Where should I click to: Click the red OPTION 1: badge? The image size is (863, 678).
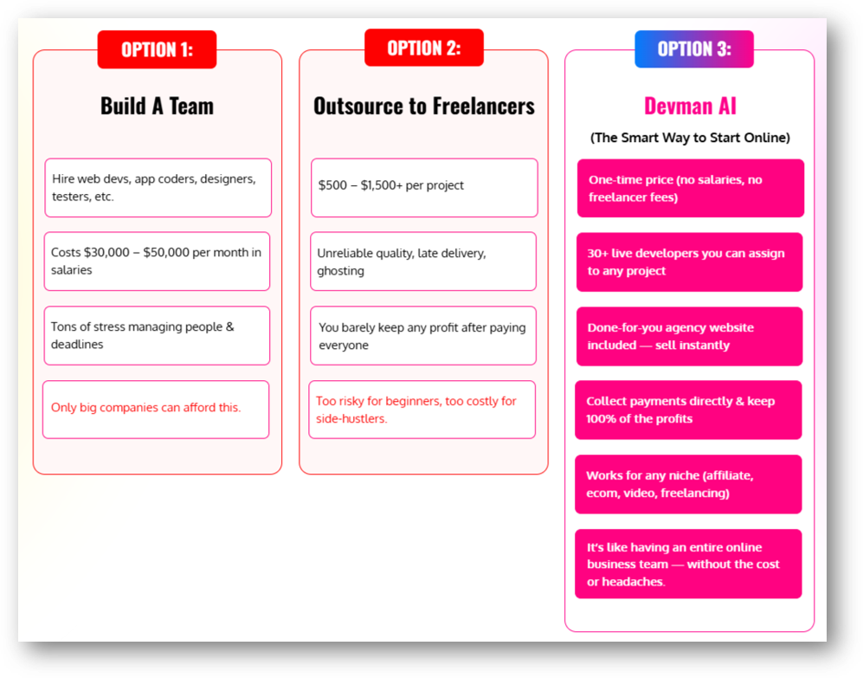coord(157,49)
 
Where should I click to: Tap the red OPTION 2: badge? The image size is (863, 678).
coord(424,48)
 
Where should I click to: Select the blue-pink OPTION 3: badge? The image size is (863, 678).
coord(694,49)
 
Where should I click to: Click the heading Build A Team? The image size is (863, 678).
coord(157,106)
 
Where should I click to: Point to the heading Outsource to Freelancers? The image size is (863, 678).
coord(424,106)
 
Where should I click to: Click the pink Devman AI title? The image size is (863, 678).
coord(690,106)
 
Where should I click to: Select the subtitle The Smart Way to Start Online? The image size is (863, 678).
coord(690,138)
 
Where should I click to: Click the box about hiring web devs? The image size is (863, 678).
coord(158,188)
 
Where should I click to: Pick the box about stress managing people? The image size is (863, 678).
coord(157,335)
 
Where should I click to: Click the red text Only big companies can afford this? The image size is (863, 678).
coord(145,408)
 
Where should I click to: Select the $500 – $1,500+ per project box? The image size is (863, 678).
coord(424,188)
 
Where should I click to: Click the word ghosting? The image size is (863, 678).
coord(341,271)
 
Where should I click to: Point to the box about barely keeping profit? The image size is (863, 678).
coord(423,335)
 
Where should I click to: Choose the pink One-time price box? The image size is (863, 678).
coord(691,188)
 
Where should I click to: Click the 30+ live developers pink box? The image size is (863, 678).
coord(690,262)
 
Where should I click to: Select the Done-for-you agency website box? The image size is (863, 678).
coord(690,336)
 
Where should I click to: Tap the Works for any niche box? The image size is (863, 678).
coord(688,484)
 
